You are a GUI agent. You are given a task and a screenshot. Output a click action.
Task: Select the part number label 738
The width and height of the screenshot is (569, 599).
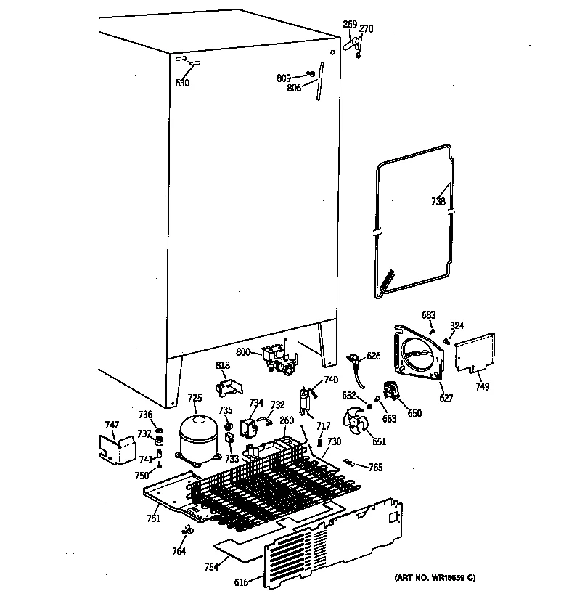click(438, 202)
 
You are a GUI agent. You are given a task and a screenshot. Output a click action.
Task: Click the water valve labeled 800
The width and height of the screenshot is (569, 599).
click(280, 359)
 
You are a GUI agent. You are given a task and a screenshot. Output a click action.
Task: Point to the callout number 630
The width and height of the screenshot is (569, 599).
click(182, 83)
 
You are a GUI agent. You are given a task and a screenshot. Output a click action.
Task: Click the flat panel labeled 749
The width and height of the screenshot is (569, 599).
click(475, 351)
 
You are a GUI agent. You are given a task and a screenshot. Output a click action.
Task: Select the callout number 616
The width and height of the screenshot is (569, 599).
click(241, 582)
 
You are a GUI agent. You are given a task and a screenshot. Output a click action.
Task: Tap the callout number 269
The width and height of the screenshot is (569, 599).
click(350, 24)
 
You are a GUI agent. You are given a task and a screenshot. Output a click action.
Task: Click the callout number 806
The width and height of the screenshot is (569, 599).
click(294, 89)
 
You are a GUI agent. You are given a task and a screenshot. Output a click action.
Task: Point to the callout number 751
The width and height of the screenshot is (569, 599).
click(153, 518)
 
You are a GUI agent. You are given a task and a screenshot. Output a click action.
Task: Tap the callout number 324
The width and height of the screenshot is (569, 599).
click(457, 325)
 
